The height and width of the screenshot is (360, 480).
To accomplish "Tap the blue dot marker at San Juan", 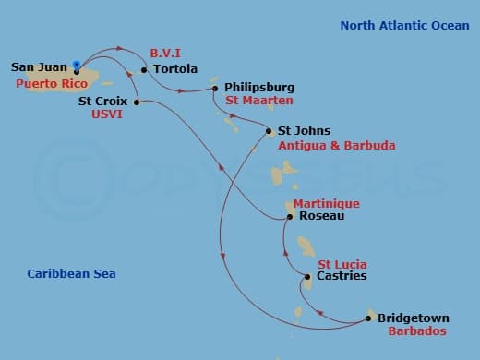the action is tap(76, 66).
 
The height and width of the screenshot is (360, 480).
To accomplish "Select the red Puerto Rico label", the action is tap(45, 82).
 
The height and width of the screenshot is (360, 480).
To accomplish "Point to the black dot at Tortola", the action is tap(145, 69).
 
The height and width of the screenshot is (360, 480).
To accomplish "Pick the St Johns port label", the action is tap(304, 131).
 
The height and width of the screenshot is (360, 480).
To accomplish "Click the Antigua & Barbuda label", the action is tap(336, 145).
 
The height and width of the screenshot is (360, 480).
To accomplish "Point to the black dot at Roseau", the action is tap(291, 217).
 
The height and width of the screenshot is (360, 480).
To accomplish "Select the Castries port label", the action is tap(342, 276).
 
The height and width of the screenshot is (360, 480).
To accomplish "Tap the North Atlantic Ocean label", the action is tap(404, 26).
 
